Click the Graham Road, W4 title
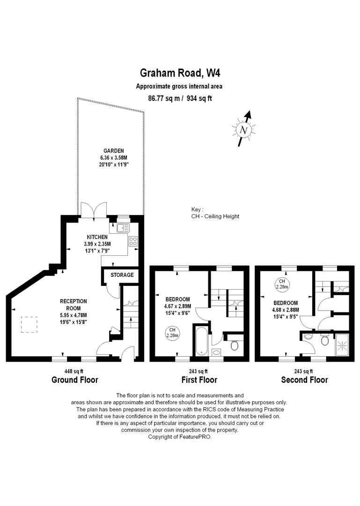tap(180, 73)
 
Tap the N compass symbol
tap(243, 129)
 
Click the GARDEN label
tap(114, 151)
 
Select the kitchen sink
tap(123, 228)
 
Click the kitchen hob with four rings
tap(133, 241)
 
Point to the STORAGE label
tap(122, 275)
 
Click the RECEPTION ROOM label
tap(73, 305)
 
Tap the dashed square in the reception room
tap(29, 325)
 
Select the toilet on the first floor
tap(235, 344)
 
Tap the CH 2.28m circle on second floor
tap(282, 284)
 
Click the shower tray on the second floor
tap(342, 344)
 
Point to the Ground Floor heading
tap(75, 380)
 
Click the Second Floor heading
tap(304, 380)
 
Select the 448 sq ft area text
tap(74, 372)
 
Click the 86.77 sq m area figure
tap(164, 98)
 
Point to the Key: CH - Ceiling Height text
tap(215, 213)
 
